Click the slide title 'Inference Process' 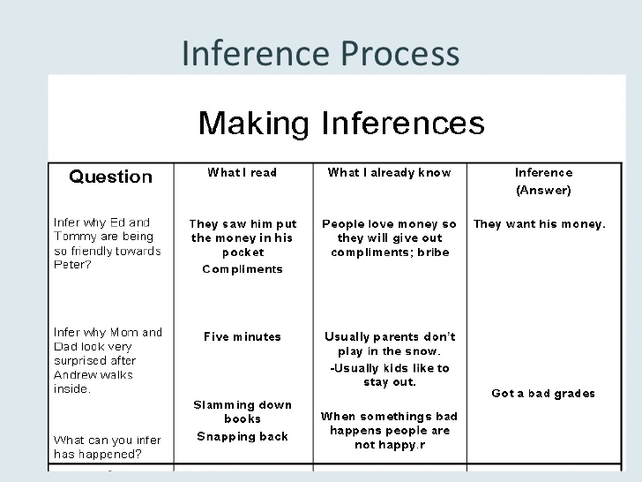click(x=320, y=53)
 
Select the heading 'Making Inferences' click(x=341, y=122)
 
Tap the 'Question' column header click(x=110, y=177)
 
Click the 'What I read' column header click(x=243, y=172)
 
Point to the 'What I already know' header click(x=389, y=172)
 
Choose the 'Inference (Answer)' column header click(x=543, y=181)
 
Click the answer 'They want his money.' click(x=540, y=223)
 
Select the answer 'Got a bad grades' click(x=543, y=393)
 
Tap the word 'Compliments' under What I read click(x=243, y=269)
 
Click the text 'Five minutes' click(x=243, y=336)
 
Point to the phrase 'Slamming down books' click(x=243, y=412)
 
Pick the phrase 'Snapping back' click(x=243, y=436)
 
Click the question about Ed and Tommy click(x=108, y=243)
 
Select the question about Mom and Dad click(x=108, y=360)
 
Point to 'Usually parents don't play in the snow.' click(x=390, y=343)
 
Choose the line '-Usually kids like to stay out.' click(x=390, y=375)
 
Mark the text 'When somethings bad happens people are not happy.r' click(x=390, y=430)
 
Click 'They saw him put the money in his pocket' click(x=243, y=237)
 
